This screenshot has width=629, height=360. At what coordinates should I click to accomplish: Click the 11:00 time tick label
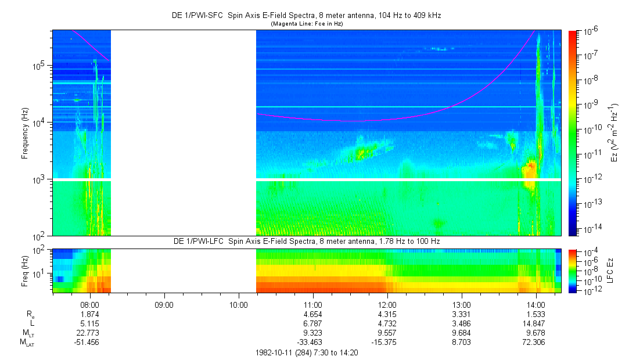[x=312, y=304]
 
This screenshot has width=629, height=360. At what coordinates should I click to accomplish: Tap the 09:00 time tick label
[x=164, y=304]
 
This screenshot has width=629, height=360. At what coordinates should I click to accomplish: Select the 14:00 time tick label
[x=535, y=304]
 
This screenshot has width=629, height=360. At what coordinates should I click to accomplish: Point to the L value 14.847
[x=535, y=323]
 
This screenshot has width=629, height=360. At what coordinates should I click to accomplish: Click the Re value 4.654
[x=312, y=314]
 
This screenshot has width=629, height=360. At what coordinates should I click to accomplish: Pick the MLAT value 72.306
[x=535, y=342]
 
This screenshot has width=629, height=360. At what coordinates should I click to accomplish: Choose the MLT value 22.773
[x=89, y=333]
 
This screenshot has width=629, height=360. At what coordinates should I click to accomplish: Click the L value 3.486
[x=461, y=323]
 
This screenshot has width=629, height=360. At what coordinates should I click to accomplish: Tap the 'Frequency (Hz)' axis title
[x=24, y=133]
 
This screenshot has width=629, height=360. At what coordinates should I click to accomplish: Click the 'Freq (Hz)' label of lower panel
[x=24, y=271]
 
